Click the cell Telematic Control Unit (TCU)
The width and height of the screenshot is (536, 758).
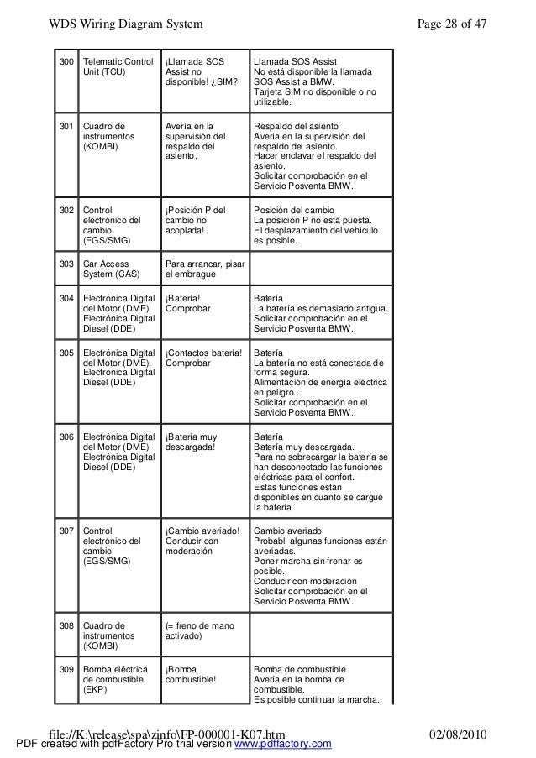tap(119, 67)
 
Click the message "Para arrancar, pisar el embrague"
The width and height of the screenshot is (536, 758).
tap(205, 269)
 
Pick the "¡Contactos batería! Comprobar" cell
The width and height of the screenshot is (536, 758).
tap(204, 358)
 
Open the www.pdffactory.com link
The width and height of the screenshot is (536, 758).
tap(282, 745)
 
